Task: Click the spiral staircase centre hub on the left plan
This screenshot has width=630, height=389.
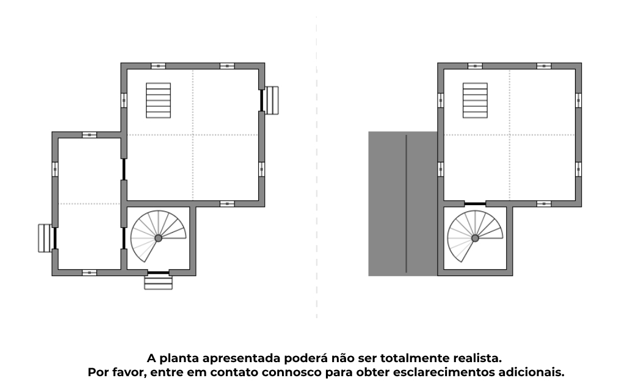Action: coord(158,238)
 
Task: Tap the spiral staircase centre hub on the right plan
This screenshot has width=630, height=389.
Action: coord(475,238)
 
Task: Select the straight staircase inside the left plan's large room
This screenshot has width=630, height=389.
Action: coord(158,101)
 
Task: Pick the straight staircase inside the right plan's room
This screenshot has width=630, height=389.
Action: coord(475,101)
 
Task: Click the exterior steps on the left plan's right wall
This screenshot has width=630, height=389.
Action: coord(272,101)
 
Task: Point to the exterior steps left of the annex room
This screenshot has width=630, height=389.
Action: coord(45,238)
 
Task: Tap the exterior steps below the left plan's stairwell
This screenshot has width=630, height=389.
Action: coord(158,283)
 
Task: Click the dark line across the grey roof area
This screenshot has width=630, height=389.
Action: coord(406,204)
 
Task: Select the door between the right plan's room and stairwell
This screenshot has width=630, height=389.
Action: coord(475,204)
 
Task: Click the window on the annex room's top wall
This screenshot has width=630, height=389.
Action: coord(89,134)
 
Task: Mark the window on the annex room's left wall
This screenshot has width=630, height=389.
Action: coord(55,169)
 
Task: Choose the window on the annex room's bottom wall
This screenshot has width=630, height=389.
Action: coord(89,272)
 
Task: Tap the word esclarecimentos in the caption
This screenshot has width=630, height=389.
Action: coord(444,372)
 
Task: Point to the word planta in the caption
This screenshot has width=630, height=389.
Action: coord(179,358)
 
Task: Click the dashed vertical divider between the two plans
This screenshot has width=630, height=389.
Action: coord(317,167)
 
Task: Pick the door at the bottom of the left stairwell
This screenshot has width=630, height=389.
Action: coord(158,273)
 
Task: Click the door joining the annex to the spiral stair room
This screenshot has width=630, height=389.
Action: coord(124,238)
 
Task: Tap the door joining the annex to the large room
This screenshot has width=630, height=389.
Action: coord(124,169)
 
